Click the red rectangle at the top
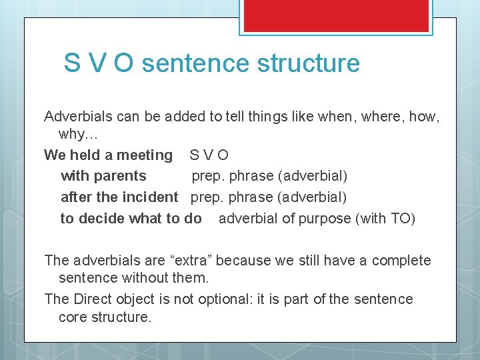[336, 15]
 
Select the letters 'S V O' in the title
[99, 63]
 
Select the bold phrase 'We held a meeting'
[108, 155]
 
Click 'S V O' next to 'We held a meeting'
[209, 155]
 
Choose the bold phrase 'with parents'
[103, 176]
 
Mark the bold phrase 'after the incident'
[119, 197]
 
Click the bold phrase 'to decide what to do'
[131, 219]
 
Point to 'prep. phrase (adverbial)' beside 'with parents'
[269, 176]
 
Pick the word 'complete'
[401, 261]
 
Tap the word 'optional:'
[223, 299]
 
